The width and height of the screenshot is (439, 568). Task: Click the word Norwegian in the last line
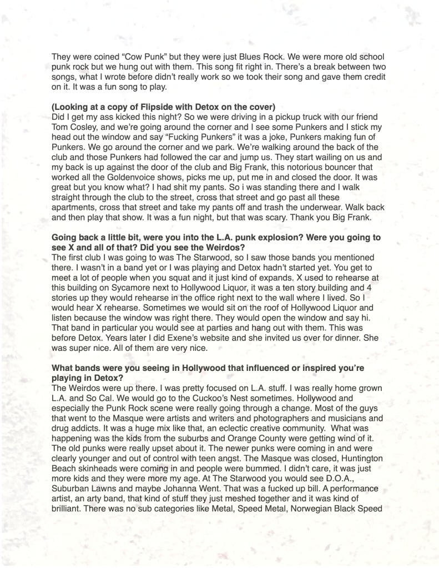click(311, 516)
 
